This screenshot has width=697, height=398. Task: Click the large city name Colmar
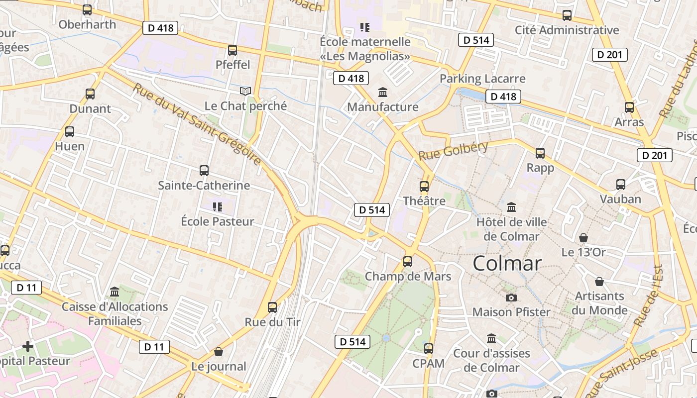[x=507, y=263]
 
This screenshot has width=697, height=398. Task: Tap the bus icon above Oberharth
[x=87, y=9]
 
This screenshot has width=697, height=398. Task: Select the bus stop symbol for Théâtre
[x=424, y=187]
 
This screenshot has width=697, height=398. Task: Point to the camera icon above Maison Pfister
[x=511, y=298]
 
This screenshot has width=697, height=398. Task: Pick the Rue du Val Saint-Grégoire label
[x=197, y=124]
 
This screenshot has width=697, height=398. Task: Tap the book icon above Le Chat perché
[x=245, y=91]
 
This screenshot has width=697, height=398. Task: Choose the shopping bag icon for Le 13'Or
[x=583, y=238]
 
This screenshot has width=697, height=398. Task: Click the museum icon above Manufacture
[x=383, y=92]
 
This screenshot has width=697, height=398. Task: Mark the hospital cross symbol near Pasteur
[x=28, y=346]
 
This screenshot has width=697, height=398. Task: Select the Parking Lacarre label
[x=482, y=79]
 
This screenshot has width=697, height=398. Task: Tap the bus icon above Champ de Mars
[x=408, y=262]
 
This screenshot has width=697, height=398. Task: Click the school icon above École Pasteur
[x=217, y=206]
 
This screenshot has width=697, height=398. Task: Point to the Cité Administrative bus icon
[x=567, y=15]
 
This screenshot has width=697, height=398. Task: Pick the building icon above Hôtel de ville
[x=511, y=207]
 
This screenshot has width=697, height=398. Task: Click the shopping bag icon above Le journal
[x=218, y=352]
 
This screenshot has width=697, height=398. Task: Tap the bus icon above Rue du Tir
[x=272, y=307]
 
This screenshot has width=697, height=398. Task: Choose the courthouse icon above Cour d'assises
[x=491, y=339]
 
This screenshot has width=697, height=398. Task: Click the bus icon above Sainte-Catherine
[x=204, y=171]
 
